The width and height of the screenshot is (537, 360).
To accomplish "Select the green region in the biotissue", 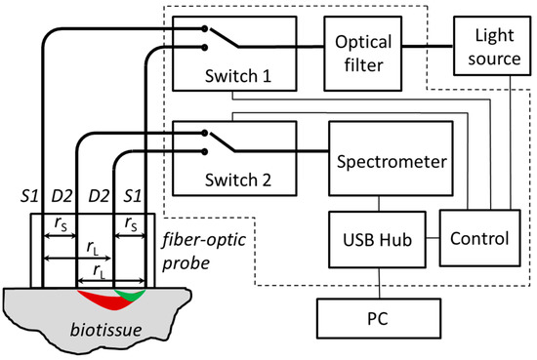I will point(130,293).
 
